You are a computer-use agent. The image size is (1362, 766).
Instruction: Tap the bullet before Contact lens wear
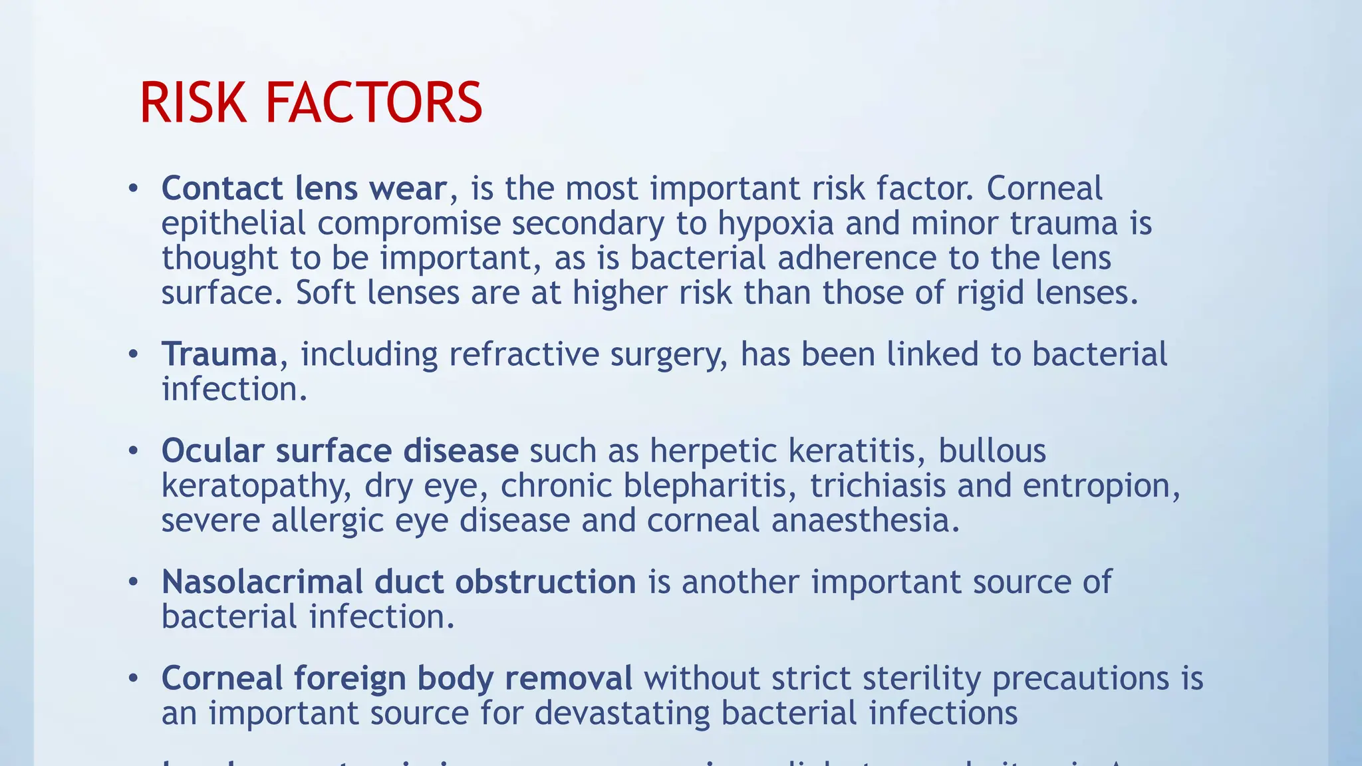[134, 189]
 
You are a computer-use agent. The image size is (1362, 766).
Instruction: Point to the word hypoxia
[775, 223]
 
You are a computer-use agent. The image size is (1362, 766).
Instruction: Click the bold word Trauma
[219, 354]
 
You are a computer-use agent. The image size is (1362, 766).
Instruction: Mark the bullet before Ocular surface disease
[134, 451]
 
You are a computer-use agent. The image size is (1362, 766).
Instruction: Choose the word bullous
[992, 451]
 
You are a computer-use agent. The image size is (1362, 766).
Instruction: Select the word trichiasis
[878, 486]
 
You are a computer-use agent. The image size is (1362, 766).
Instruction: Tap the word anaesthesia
[866, 520]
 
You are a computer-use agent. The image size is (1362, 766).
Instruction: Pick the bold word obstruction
[545, 582]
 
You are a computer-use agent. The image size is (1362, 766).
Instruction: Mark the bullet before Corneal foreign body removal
[134, 678]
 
